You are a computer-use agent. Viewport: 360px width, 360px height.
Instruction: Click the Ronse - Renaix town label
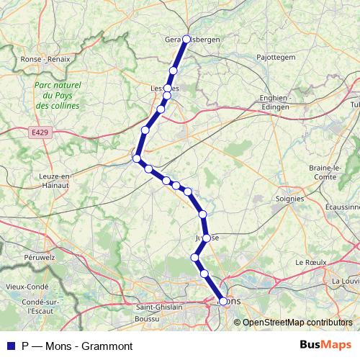coord(45,59)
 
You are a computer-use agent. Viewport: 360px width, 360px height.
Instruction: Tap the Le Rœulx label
coord(311,264)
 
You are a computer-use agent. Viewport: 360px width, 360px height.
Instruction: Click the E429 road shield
coord(40,133)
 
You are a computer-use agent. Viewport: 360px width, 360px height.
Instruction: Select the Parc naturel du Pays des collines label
coord(57,95)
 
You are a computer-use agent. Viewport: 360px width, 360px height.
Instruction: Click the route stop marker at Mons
coord(222,302)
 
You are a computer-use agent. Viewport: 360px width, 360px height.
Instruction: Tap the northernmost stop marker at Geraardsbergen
coord(186,39)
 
